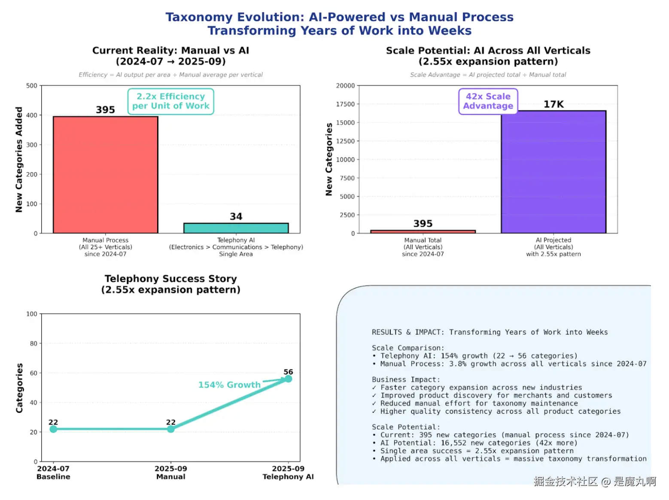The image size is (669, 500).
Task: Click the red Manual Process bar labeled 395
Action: [105, 175]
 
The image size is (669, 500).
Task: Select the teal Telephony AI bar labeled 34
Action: [236, 228]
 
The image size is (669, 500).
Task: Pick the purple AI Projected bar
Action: [553, 172]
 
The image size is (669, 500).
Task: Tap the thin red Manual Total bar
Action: [423, 232]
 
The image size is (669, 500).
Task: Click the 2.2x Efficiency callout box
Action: [170, 101]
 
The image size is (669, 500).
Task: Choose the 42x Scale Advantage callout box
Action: [488, 101]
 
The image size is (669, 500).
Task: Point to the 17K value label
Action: [553, 104]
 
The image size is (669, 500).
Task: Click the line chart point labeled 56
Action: [288, 378]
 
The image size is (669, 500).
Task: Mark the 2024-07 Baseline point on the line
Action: [53, 429]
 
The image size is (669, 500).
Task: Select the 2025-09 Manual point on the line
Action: [170, 429]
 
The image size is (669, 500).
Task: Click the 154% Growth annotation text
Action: [229, 385]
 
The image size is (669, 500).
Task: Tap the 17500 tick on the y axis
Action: [345, 104]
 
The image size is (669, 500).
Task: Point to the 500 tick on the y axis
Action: [32, 85]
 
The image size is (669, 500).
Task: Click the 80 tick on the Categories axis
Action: [33, 343]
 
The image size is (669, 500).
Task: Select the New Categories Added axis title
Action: [19, 159]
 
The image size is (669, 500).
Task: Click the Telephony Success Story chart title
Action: [170, 284]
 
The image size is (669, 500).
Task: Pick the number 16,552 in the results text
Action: [453, 443]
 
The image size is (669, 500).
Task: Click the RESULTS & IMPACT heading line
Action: [490, 332]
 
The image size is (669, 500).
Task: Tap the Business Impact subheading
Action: [406, 380]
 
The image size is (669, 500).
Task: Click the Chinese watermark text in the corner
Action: [595, 482]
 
